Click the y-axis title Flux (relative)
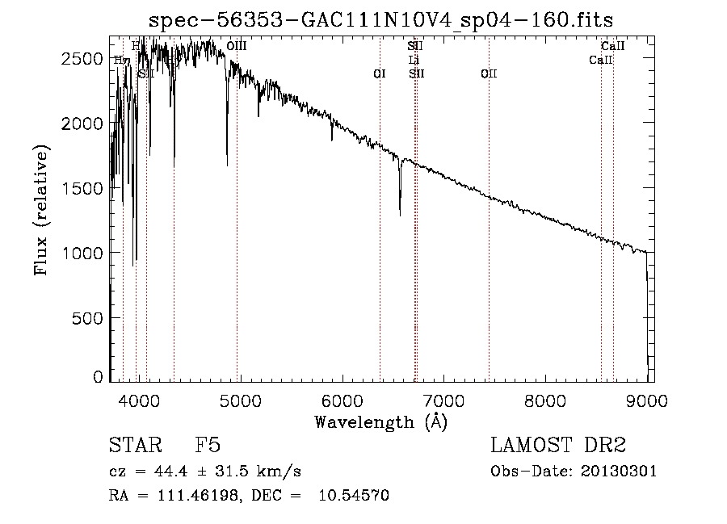point(41,210)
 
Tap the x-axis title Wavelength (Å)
point(380,421)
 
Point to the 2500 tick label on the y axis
point(83,59)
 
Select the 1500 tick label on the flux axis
point(83,188)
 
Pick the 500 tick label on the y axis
point(89,317)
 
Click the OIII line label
point(237,47)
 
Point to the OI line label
point(380,74)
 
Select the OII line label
point(489,74)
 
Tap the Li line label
point(414,60)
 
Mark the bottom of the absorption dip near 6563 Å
point(400,215)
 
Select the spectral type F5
point(208,446)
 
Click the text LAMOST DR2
point(558,446)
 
